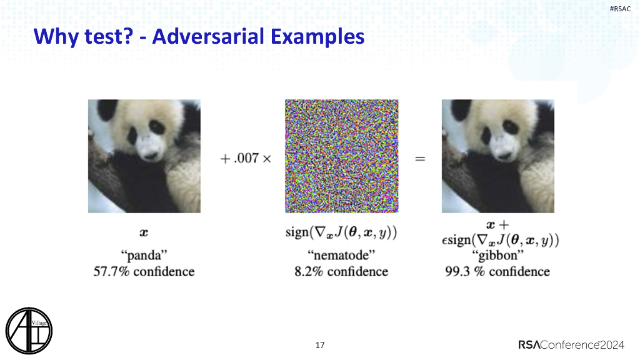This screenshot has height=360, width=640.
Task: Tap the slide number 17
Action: (x=321, y=345)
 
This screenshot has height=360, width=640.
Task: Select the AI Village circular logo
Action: (x=29, y=329)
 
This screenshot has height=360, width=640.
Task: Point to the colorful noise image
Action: (x=341, y=156)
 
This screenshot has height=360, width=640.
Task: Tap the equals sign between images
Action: (x=420, y=159)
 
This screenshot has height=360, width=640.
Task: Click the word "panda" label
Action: (x=144, y=256)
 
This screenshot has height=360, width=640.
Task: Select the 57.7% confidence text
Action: (x=144, y=271)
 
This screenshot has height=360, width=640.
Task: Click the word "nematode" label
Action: (x=341, y=256)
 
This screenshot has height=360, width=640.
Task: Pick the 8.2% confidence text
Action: (x=341, y=271)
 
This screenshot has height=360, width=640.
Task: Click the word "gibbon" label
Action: (x=497, y=256)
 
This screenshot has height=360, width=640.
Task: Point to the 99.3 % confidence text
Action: (x=497, y=271)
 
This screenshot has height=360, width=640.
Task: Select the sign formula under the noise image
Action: (x=341, y=233)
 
